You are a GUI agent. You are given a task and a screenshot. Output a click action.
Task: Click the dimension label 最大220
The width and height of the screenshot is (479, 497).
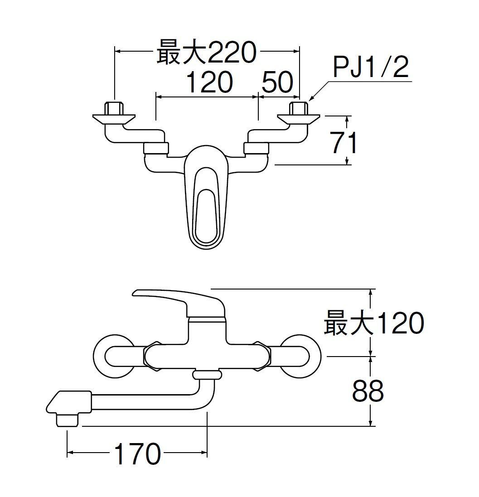coord(207,53)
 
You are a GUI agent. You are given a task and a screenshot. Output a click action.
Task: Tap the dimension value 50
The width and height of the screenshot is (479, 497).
coord(277,83)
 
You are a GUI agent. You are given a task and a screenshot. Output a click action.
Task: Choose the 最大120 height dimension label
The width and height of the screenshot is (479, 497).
coord(374,323)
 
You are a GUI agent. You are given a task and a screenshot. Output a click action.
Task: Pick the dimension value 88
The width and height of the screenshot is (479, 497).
coord(368,391)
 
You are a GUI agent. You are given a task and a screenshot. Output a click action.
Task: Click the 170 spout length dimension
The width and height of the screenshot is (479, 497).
coord(137,454)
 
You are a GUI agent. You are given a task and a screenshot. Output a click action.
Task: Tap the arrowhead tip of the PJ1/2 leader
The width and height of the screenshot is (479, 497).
coord(310,99)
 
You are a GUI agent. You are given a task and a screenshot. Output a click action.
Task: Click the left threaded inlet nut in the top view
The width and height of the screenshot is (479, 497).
coord(114,109)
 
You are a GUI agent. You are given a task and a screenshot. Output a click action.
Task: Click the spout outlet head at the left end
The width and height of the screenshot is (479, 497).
coord(67,408)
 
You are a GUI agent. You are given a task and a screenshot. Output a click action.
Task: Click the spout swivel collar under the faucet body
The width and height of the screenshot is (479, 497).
coord(207,375)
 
